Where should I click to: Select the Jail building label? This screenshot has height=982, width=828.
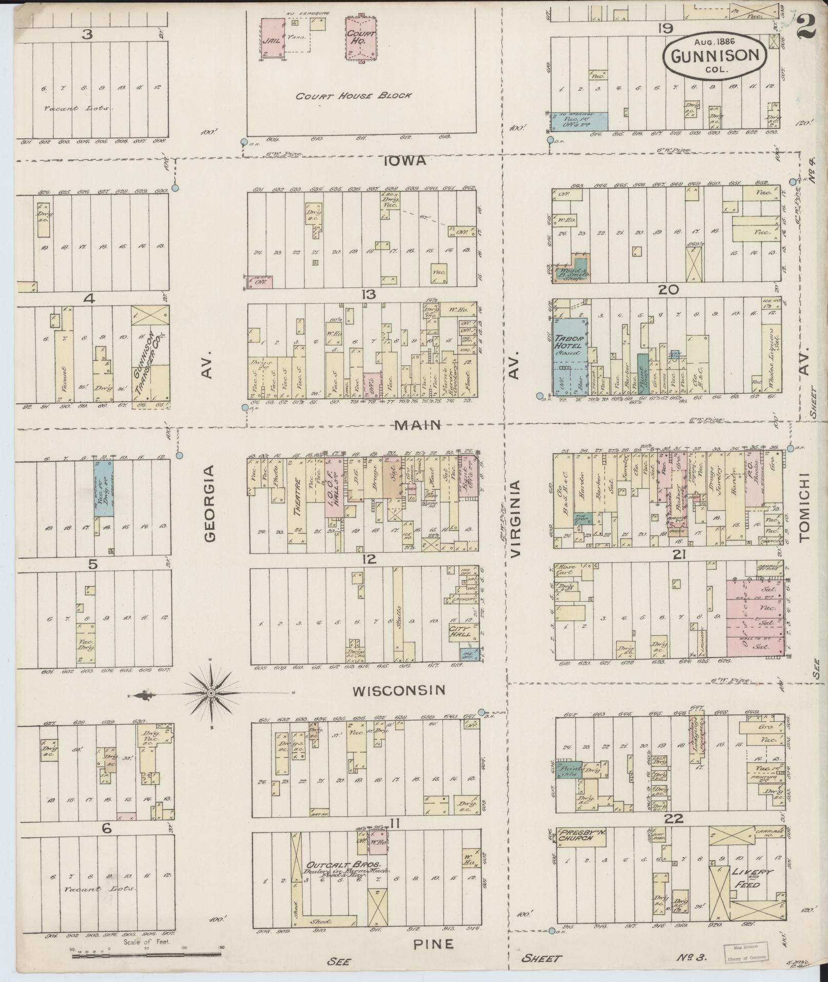point(271,41)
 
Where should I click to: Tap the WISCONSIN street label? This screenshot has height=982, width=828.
point(398,690)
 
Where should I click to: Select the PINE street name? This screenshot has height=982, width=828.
point(434,943)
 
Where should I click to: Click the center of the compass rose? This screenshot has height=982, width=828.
point(211,694)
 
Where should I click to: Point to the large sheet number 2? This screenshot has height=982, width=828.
point(806,26)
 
